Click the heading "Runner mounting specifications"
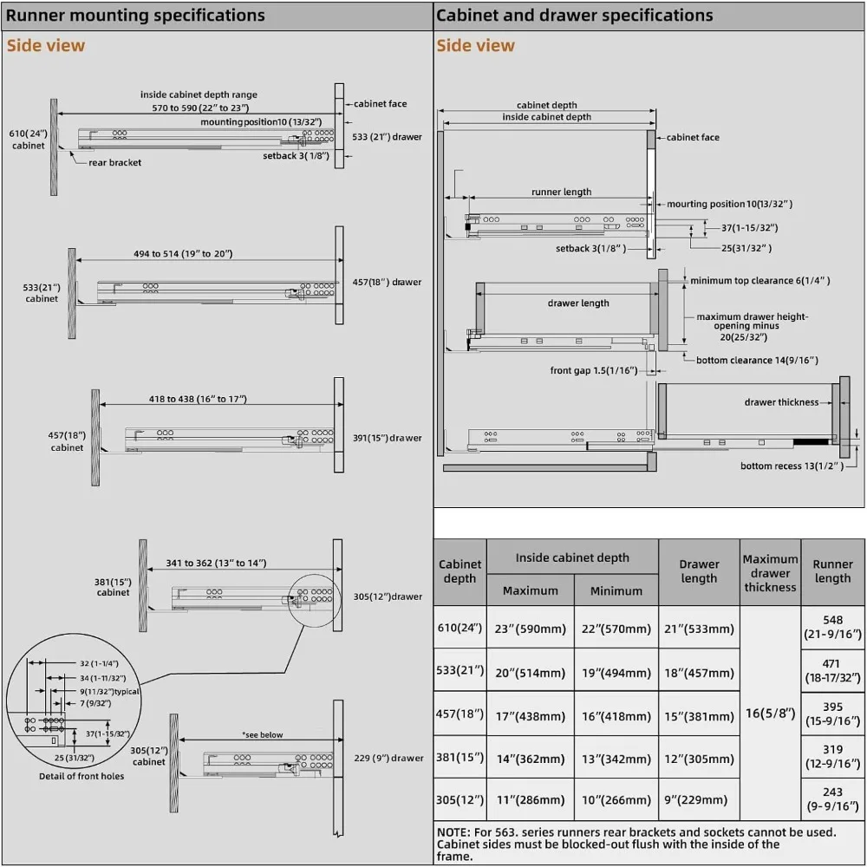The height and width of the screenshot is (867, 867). click(x=135, y=16)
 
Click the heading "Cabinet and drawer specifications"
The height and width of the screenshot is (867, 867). click(x=574, y=16)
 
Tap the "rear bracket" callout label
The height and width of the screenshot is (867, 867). click(x=114, y=162)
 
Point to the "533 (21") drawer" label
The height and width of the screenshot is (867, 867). click(x=388, y=137)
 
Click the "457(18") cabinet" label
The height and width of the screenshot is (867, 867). click(x=67, y=440)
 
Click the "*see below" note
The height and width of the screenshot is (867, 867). click(x=262, y=735)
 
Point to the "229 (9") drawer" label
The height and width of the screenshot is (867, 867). click(x=388, y=758)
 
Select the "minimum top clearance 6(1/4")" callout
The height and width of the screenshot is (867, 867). click(x=759, y=280)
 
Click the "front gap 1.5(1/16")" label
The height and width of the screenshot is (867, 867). click(x=594, y=370)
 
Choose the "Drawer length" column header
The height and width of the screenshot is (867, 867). click(x=699, y=571)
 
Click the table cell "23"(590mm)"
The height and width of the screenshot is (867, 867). click(x=530, y=629)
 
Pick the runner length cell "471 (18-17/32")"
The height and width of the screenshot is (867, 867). click(x=832, y=674)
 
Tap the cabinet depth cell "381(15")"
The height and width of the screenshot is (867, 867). click(x=459, y=759)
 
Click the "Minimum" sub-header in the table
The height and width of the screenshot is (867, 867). click(x=616, y=590)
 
